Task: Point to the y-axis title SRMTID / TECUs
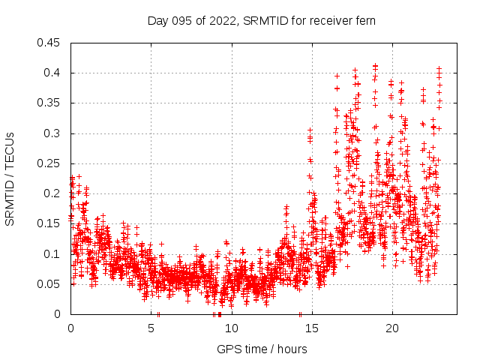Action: tap(10, 178)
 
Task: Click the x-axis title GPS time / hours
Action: tap(262, 349)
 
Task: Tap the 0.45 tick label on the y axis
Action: tap(50, 43)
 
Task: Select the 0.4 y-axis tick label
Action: tap(53, 73)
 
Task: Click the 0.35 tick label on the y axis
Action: tap(50, 103)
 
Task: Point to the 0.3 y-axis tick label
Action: tap(53, 133)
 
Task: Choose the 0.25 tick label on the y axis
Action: tap(50, 163)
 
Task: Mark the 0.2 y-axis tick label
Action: tap(53, 193)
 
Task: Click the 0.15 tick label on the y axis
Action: tap(50, 223)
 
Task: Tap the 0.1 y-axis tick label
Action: tap(53, 254)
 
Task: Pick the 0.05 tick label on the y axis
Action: tap(50, 284)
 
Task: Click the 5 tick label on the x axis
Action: tap(151, 328)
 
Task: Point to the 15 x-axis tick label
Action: tap(311, 328)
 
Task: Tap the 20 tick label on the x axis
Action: tap(391, 328)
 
